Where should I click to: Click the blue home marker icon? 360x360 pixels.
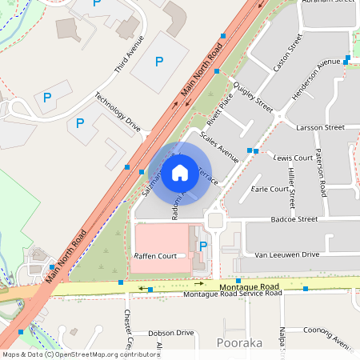click(180, 173)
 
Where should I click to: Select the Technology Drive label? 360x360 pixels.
click(118, 112)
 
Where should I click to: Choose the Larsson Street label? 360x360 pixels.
click(319, 127)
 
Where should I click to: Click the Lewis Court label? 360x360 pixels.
click(292, 158)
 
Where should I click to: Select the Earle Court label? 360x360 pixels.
click(270, 190)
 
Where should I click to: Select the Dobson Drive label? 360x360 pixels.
click(171, 332)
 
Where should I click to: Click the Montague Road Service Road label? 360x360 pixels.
click(232, 294)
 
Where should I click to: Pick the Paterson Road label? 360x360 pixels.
click(321, 172)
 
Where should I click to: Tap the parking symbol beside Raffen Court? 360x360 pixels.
click(202, 246)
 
